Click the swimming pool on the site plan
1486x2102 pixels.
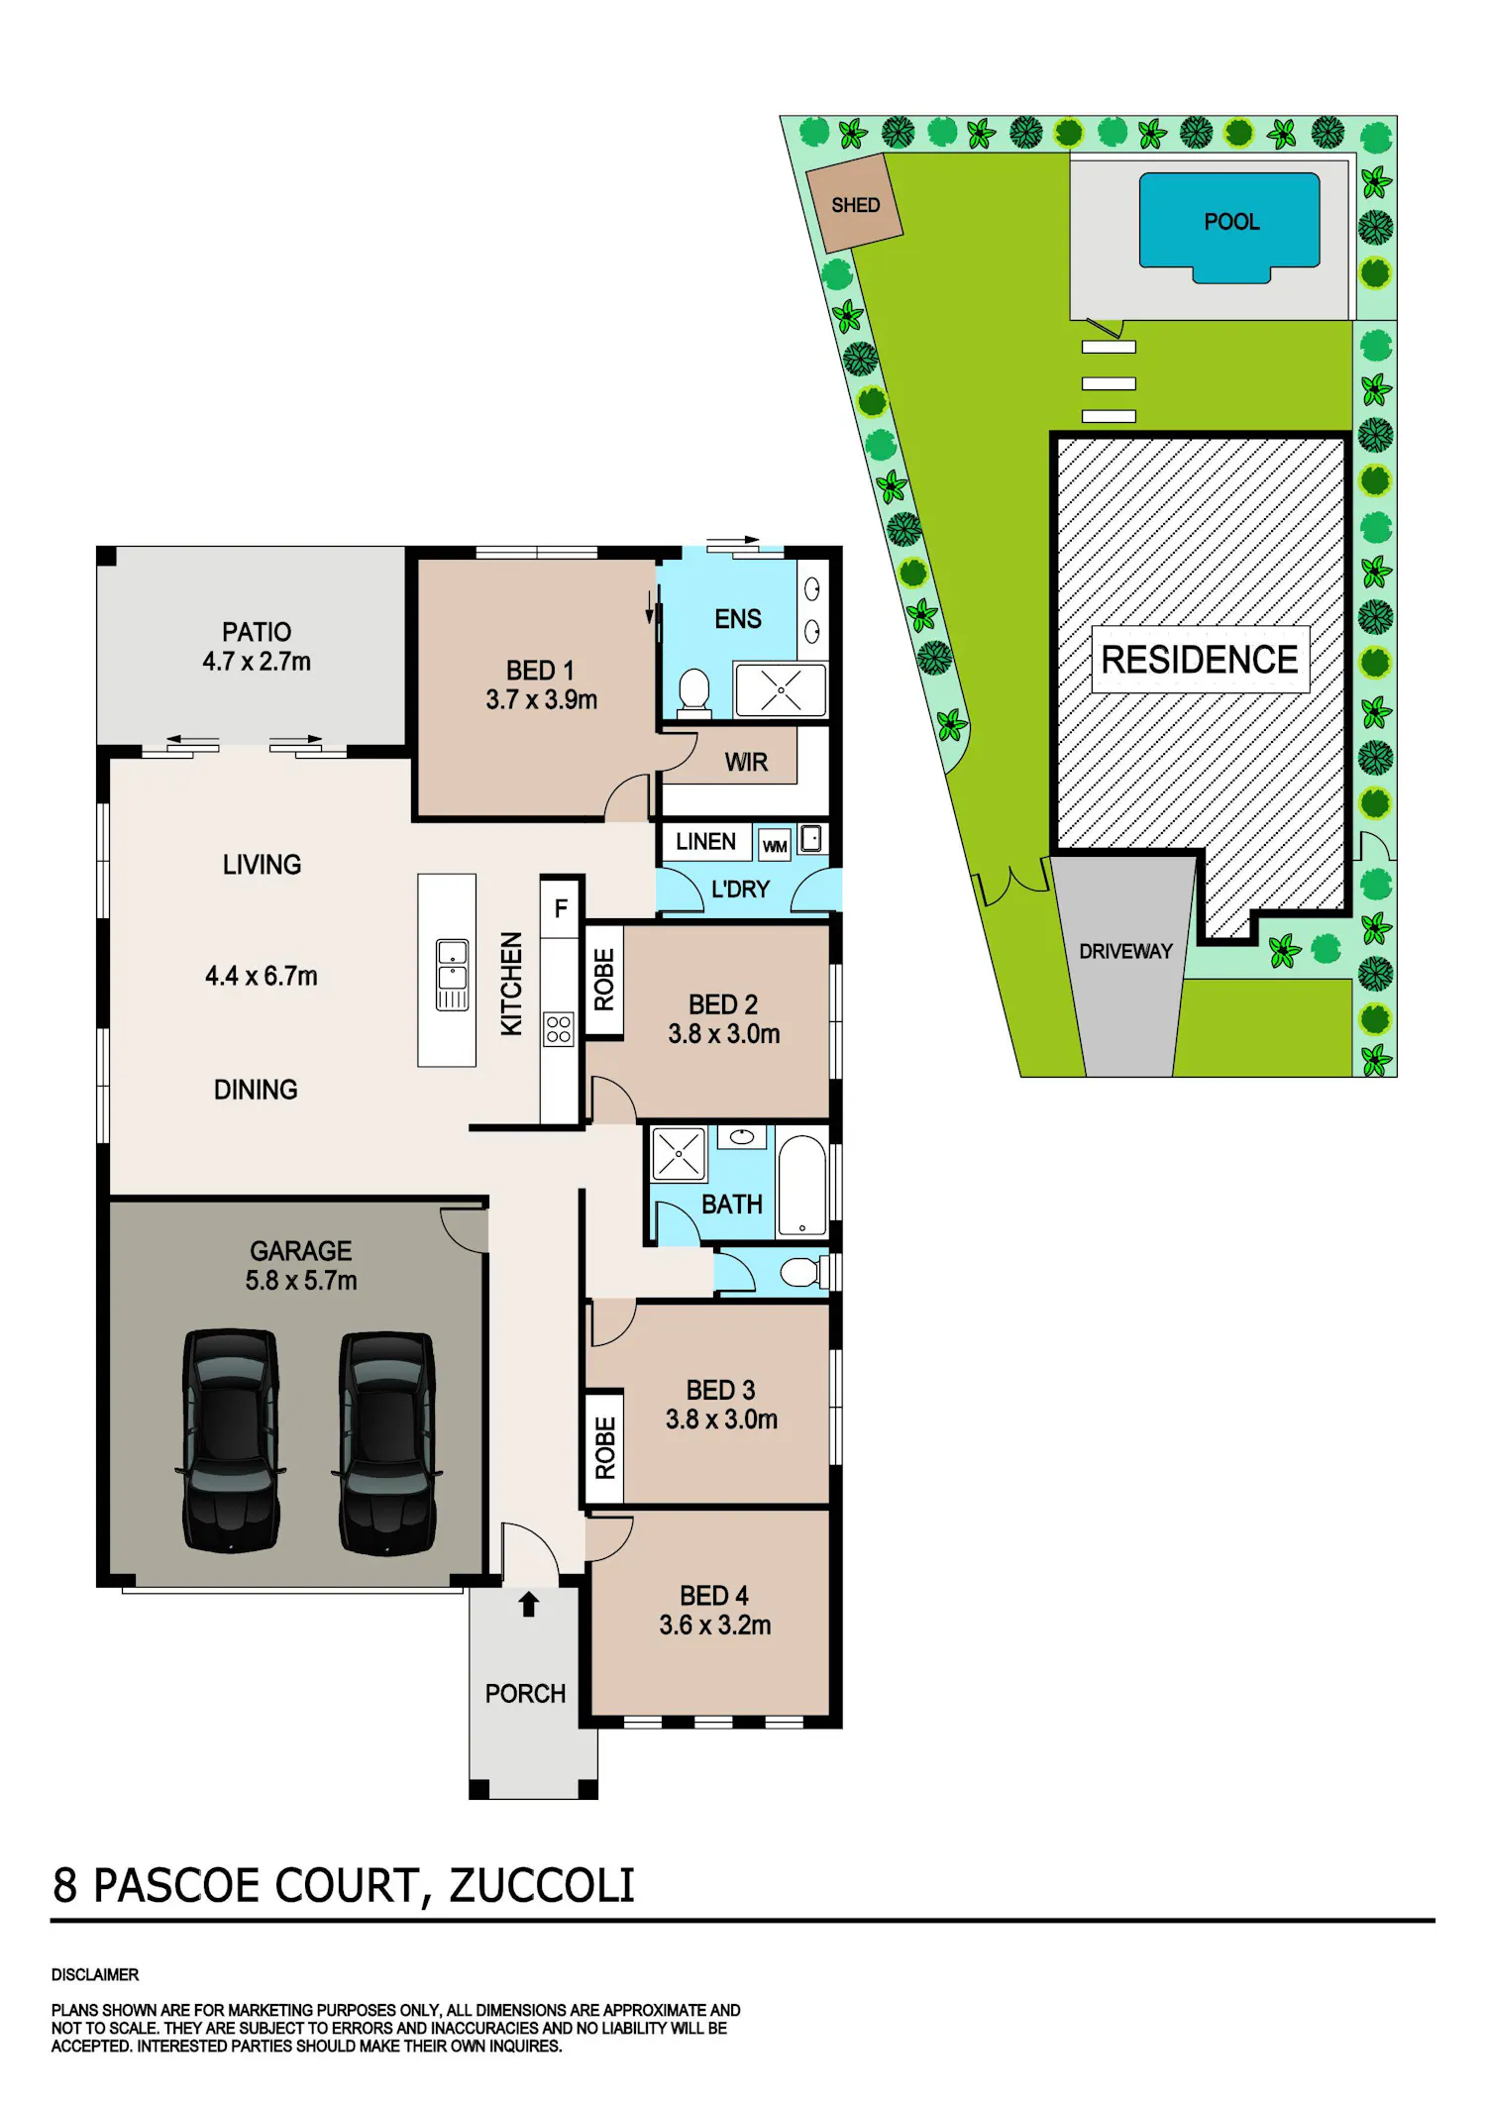[x=1229, y=226]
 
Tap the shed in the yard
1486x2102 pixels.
[x=854, y=203]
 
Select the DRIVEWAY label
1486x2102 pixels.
[x=1125, y=951]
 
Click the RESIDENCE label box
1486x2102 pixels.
[x=1200, y=659]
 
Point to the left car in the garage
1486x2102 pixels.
[x=231, y=1440]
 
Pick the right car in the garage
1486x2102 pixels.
[x=387, y=1442]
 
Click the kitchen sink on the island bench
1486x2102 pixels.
[x=453, y=975]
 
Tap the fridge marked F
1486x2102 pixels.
[x=561, y=908]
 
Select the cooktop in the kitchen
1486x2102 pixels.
[x=559, y=1029]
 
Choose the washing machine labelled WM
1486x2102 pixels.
[x=775, y=845]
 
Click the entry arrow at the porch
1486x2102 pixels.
[x=528, y=1604]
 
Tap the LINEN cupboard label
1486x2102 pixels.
[x=705, y=842]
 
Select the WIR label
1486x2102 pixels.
[x=746, y=762]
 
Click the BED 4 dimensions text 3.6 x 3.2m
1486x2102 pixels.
[x=715, y=1625]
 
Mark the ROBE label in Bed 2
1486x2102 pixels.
[x=604, y=979]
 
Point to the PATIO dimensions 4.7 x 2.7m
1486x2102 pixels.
[x=257, y=661]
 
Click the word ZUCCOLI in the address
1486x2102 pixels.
[x=542, y=1885]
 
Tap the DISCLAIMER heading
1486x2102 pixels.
[x=95, y=1974]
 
